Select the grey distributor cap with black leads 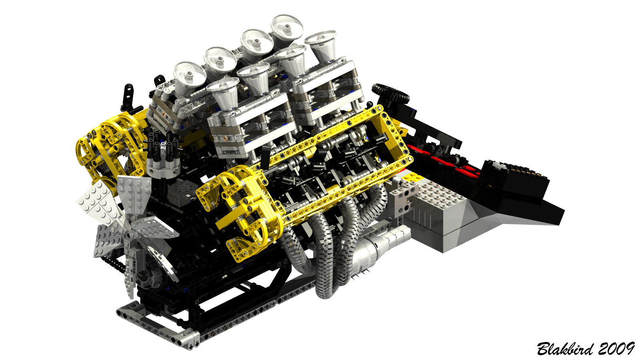tap(163, 168)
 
